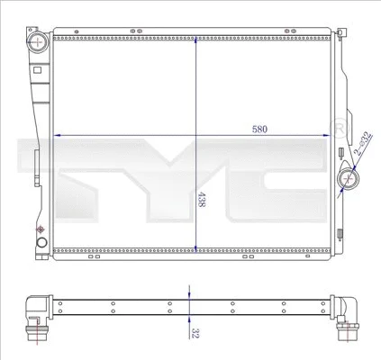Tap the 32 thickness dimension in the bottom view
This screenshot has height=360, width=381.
tap(195, 331)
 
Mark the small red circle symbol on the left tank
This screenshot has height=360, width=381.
tap(40, 231)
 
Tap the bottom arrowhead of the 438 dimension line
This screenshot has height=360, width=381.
tap(195, 245)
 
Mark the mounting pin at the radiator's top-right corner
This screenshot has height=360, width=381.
tap(344, 33)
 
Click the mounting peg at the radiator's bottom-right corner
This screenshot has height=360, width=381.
tap(340, 255)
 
